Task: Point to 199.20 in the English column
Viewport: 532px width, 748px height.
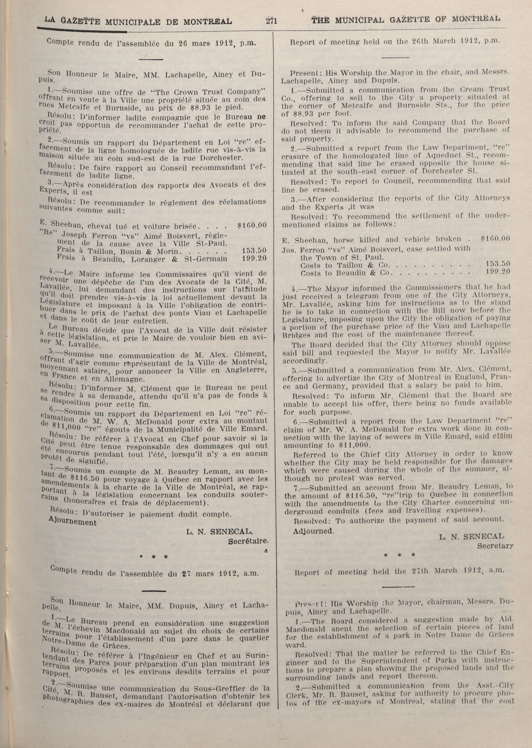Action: pos(498,271)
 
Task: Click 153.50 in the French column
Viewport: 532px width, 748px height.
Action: pos(254,250)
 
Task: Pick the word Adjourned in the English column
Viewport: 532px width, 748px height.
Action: pos(313,531)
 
